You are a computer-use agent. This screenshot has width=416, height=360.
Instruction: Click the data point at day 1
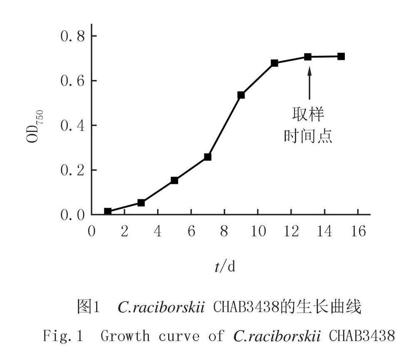click(x=108, y=212)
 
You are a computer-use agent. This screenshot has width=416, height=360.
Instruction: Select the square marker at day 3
click(x=141, y=202)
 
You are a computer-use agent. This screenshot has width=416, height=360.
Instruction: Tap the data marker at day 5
click(x=174, y=180)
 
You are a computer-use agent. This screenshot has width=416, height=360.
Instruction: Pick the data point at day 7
click(x=208, y=157)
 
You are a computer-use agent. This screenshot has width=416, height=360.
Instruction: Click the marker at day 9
click(x=241, y=95)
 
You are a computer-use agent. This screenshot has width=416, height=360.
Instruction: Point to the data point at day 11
click(x=274, y=63)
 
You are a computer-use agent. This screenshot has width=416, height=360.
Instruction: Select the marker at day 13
click(x=308, y=57)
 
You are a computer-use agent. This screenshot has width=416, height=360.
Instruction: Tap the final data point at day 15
click(x=341, y=57)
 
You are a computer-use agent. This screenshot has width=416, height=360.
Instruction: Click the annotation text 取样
click(x=308, y=114)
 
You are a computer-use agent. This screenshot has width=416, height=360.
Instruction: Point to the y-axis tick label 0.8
click(x=73, y=36)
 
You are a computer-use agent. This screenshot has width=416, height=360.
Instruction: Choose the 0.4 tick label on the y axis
click(x=73, y=126)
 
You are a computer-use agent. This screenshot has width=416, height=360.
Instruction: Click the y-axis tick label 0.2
click(x=73, y=170)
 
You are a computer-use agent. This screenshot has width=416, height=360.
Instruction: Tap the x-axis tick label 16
click(x=358, y=231)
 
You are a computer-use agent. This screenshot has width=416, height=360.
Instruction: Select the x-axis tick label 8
click(x=224, y=231)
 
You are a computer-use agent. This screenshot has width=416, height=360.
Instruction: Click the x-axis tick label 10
click(x=258, y=231)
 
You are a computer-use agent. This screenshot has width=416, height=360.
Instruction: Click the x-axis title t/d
click(x=225, y=266)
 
